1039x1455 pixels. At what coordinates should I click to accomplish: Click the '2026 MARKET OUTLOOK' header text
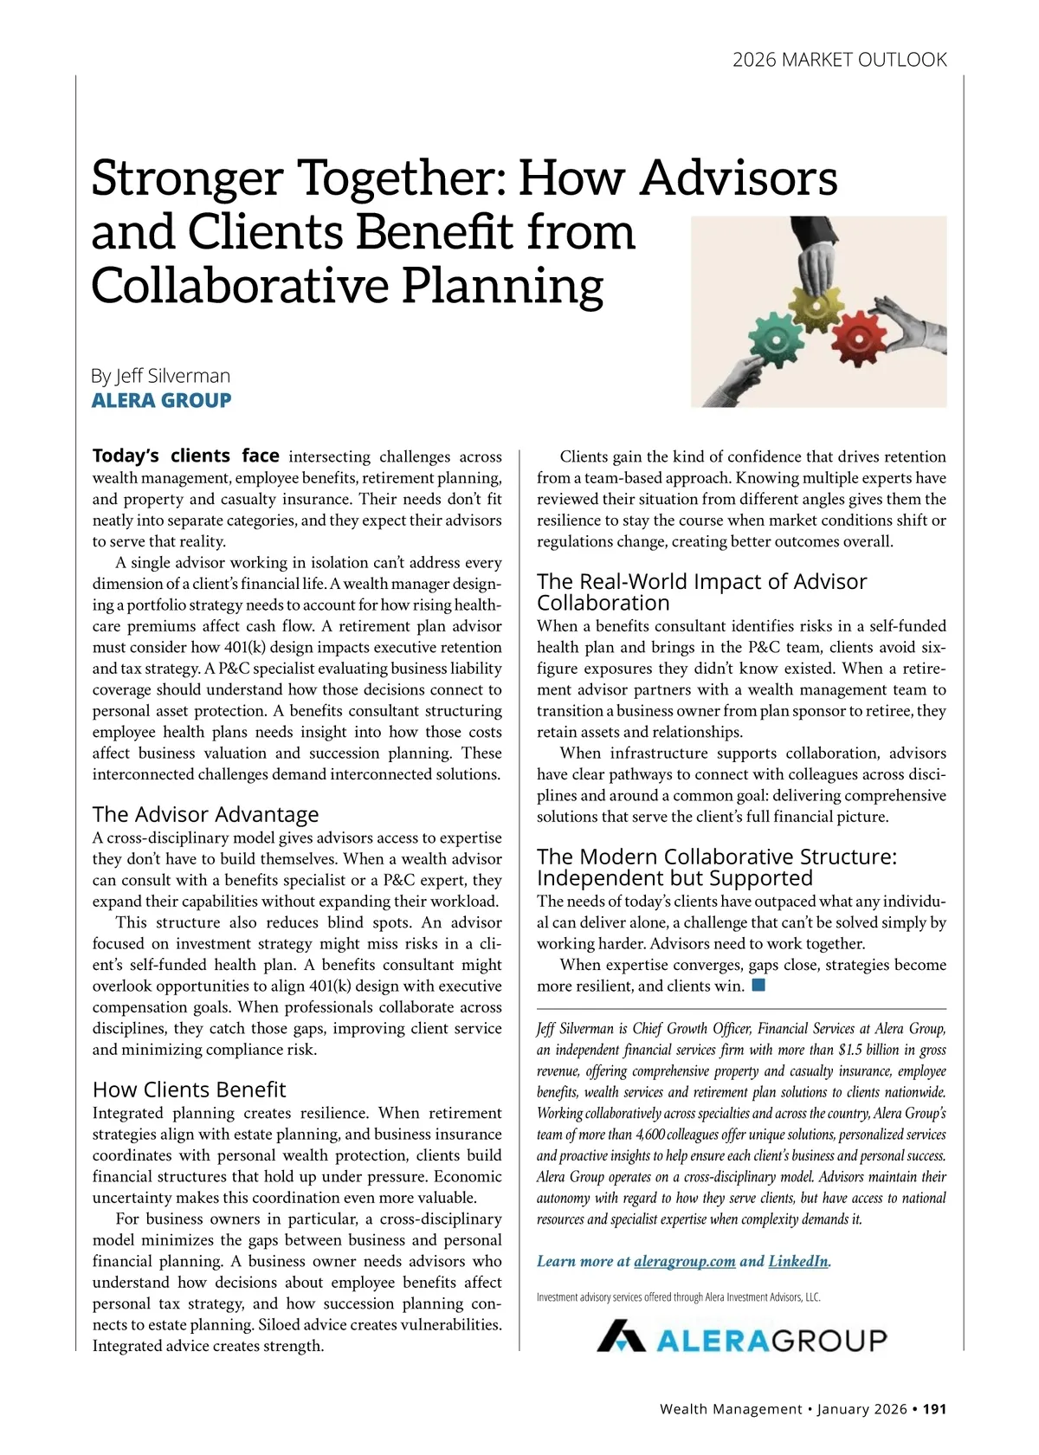(839, 60)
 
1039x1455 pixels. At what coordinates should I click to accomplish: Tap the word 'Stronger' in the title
(187, 178)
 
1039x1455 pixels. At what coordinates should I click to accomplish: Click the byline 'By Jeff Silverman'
(161, 376)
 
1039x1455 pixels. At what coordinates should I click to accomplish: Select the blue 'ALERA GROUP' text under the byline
(162, 400)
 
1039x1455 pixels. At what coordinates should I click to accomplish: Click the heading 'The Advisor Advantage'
(205, 814)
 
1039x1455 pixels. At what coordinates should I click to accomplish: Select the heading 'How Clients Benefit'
(189, 1090)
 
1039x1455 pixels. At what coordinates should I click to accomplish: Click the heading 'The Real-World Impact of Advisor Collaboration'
(701, 592)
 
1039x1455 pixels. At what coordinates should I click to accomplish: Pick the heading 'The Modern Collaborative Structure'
(717, 867)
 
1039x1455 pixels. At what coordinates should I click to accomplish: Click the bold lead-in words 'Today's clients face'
(186, 456)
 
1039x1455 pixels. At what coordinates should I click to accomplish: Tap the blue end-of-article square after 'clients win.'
(758, 985)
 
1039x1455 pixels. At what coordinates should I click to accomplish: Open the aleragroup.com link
(684, 1261)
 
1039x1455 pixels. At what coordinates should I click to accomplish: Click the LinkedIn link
(797, 1261)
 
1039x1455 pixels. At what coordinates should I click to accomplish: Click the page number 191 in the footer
(934, 1409)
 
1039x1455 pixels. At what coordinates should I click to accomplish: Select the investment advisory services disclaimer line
(678, 1297)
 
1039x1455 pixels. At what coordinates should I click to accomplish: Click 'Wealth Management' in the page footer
(730, 1409)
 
